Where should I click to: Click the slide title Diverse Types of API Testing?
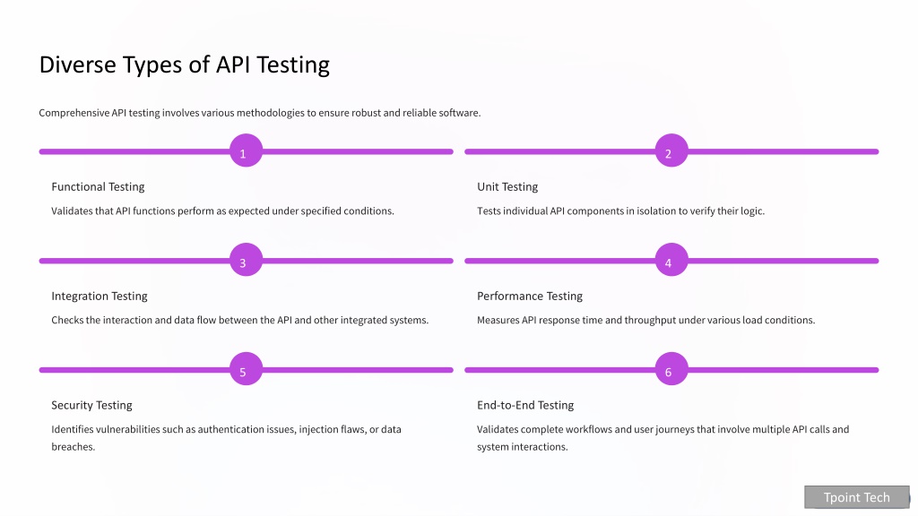click(x=185, y=64)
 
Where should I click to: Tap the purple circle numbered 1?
click(x=246, y=150)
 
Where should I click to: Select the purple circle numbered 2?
click(x=671, y=150)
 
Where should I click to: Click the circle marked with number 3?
click(x=246, y=260)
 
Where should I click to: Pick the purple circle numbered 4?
click(x=671, y=260)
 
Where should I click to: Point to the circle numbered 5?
click(x=246, y=368)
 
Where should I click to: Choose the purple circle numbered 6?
click(x=671, y=368)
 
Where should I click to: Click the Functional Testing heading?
click(x=98, y=187)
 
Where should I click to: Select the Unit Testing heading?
click(x=507, y=187)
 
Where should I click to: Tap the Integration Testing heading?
click(x=100, y=297)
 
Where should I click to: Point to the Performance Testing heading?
click(x=530, y=297)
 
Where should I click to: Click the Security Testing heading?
click(x=92, y=406)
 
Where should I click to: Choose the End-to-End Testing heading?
click(x=525, y=406)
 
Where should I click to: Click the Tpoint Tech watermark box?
click(x=857, y=497)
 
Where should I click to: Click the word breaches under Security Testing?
click(x=74, y=447)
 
